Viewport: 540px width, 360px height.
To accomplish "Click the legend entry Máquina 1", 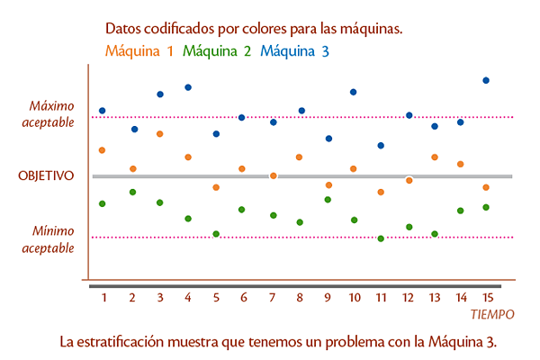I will [x=139, y=51].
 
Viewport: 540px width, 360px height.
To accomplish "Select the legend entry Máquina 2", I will [x=217, y=51].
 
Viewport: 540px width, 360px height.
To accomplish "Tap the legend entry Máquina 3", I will [x=294, y=51].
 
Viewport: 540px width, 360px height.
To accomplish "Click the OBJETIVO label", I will [x=46, y=176].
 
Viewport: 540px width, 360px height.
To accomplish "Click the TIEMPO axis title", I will [x=492, y=315].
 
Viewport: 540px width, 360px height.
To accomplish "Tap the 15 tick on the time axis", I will [x=486, y=297].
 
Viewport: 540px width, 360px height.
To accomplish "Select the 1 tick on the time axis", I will [x=104, y=297].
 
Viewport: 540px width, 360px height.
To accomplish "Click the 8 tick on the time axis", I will [x=299, y=297].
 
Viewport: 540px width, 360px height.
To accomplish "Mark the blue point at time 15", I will [x=486, y=80].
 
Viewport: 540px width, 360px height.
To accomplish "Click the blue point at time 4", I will [x=188, y=87].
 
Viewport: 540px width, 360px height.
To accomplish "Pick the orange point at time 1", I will [x=102, y=150].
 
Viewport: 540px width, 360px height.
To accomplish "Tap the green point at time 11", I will [x=382, y=238].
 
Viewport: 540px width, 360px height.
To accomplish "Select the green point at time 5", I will [x=216, y=234].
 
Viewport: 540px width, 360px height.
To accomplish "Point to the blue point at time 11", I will [x=381, y=145].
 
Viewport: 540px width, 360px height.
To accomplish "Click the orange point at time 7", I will [x=273, y=175].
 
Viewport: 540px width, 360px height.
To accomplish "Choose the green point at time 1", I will [x=103, y=204].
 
